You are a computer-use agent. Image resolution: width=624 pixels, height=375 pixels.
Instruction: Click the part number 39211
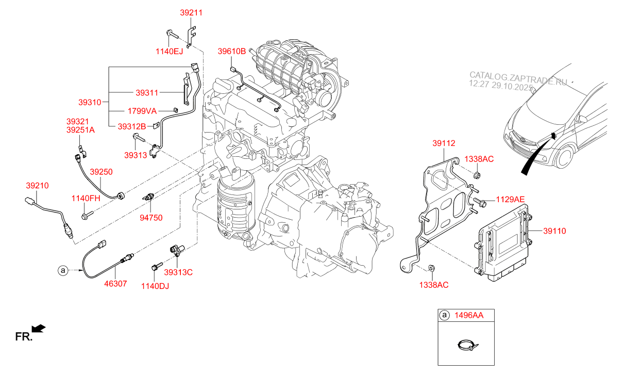pyautogui.click(x=191, y=12)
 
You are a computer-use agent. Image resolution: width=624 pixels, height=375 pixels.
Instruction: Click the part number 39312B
pyautogui.click(x=132, y=126)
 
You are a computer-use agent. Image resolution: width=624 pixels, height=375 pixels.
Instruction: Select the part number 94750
pyautogui.click(x=151, y=218)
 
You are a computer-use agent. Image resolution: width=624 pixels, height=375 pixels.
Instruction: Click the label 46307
pyautogui.click(x=116, y=283)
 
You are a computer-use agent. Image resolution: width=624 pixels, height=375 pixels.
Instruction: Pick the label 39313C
pyautogui.click(x=178, y=272)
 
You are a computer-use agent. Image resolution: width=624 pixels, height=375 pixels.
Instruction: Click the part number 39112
pyautogui.click(x=444, y=143)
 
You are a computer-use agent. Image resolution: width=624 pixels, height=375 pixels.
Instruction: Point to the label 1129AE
pyautogui.click(x=511, y=199)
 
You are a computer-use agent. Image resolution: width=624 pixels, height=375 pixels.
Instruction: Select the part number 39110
pyautogui.click(x=554, y=231)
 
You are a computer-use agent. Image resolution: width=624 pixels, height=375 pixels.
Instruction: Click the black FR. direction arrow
pyautogui.click(x=39, y=328)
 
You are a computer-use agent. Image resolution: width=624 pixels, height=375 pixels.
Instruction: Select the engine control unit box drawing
pyautogui.click(x=503, y=242)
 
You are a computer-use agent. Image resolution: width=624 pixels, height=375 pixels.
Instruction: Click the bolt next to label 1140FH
pyautogui.click(x=87, y=214)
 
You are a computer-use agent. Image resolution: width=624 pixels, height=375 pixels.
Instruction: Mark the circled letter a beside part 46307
pyautogui.click(x=62, y=270)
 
